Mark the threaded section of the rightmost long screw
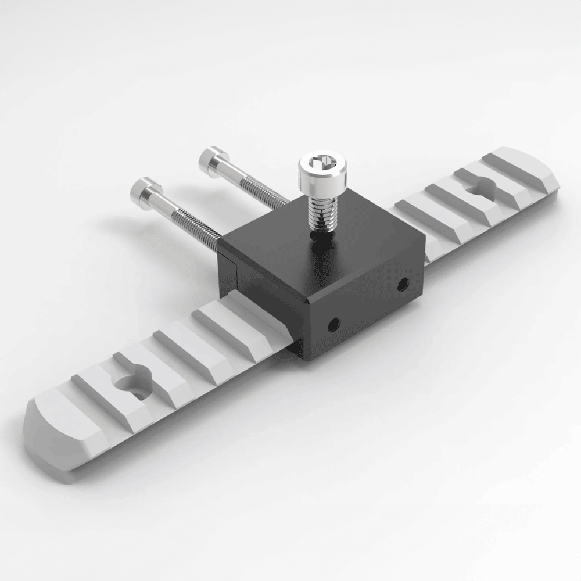click(x=264, y=192)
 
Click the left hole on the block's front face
click(x=333, y=325)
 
